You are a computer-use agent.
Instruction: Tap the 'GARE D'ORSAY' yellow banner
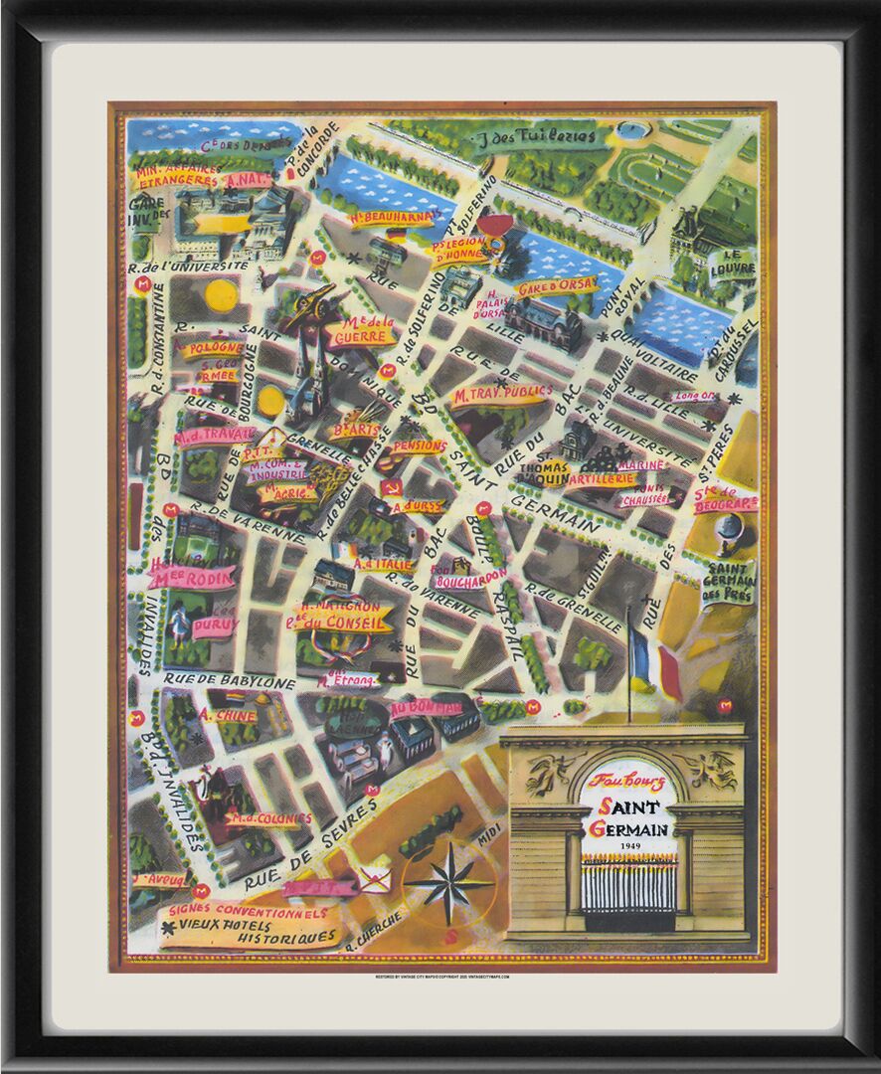[557, 286]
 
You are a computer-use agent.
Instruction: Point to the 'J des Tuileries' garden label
[549, 136]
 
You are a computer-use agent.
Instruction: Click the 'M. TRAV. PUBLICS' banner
[502, 394]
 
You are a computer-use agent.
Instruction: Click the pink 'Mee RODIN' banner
[191, 577]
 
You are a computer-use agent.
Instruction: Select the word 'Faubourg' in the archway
[626, 782]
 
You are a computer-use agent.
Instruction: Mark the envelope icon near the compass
[375, 878]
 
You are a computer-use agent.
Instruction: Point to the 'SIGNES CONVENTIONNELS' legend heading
[248, 911]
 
